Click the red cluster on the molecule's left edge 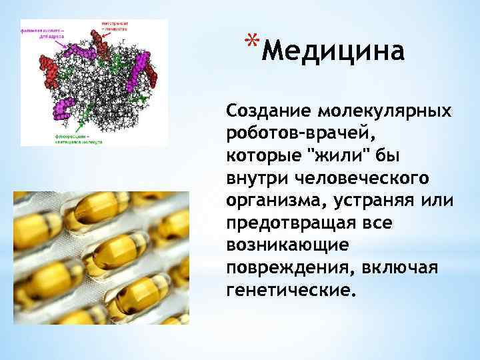pos(47,67)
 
